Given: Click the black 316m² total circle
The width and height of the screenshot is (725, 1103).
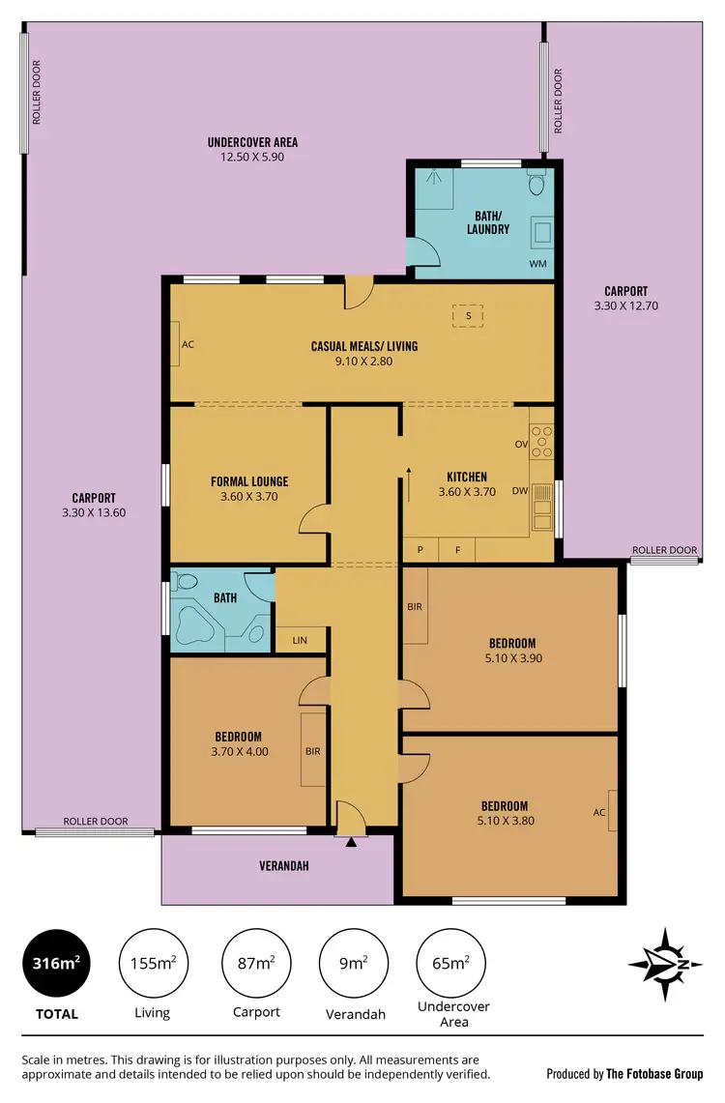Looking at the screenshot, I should click(x=55, y=963).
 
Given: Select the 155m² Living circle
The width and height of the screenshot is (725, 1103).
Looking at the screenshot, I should click(x=152, y=963).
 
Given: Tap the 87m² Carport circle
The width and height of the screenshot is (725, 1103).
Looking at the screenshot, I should click(x=257, y=963).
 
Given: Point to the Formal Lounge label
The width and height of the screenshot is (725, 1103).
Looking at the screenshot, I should click(x=249, y=481).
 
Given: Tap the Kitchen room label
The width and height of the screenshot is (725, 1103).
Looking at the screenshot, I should click(x=466, y=477).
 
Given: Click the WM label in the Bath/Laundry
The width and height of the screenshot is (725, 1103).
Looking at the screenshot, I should click(x=536, y=263).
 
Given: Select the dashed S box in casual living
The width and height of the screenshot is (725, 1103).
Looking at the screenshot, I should click(x=468, y=315).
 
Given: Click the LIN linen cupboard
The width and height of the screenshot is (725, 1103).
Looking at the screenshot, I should click(x=300, y=640).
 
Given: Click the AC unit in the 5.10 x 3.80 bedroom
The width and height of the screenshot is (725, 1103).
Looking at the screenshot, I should click(x=600, y=812).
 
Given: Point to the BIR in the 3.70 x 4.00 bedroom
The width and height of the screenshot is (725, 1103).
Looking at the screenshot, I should click(x=313, y=750).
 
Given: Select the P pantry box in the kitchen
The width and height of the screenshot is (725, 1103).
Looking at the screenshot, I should click(x=420, y=550).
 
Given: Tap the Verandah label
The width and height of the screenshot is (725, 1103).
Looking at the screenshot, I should click(x=283, y=866).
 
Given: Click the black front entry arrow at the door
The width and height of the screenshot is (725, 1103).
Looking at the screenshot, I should click(x=351, y=842).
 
